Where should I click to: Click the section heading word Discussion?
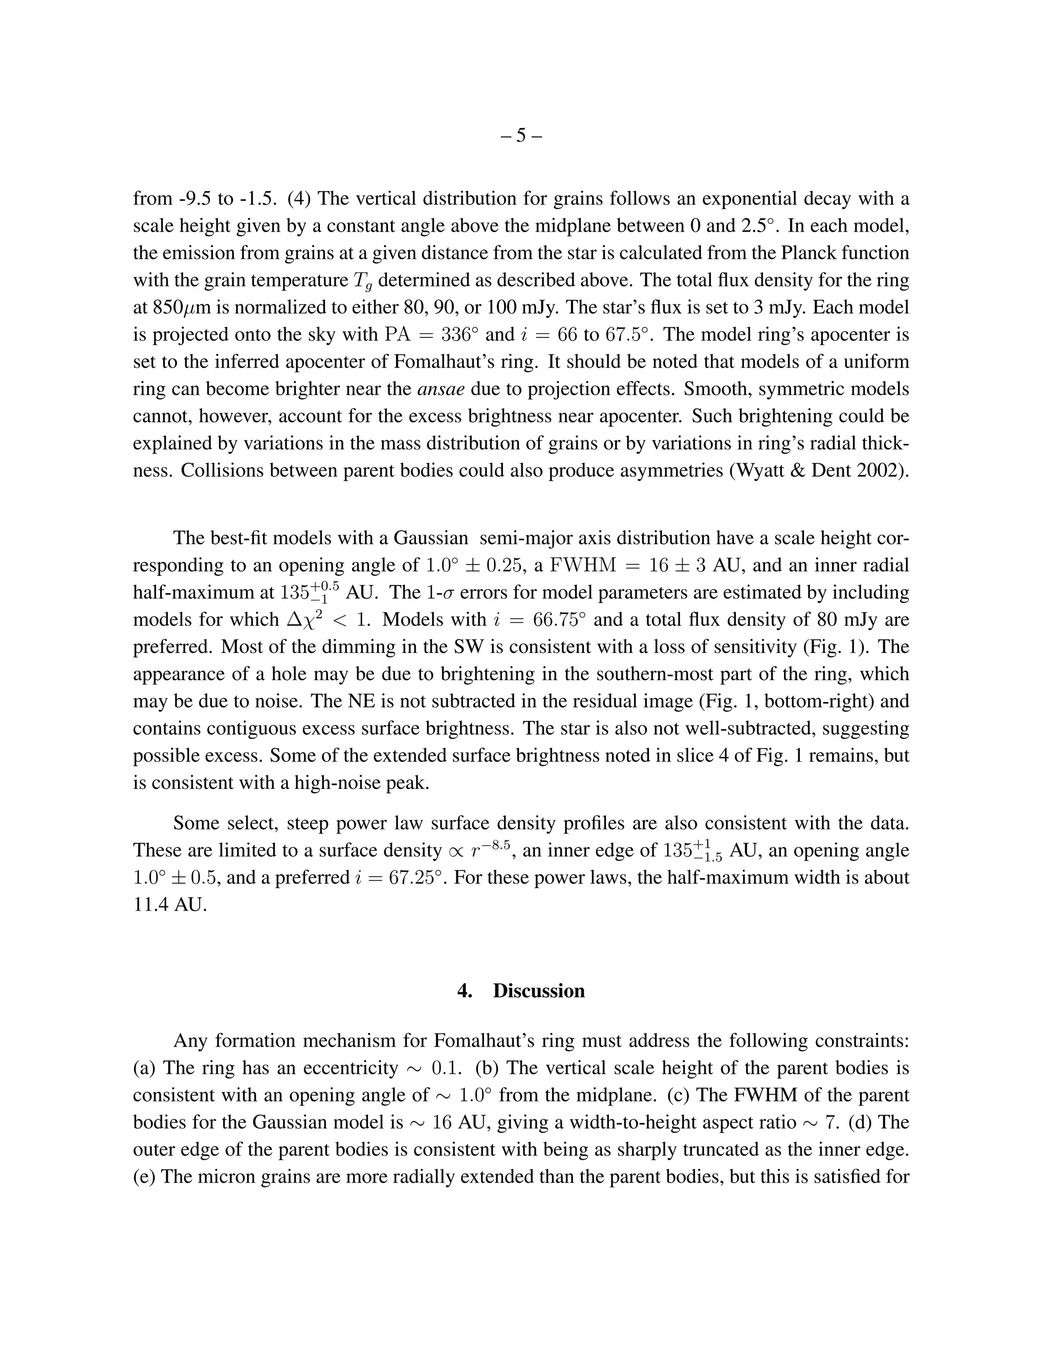coord(538,990)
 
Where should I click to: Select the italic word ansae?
coord(441,389)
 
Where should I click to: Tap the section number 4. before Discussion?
coord(465,990)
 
